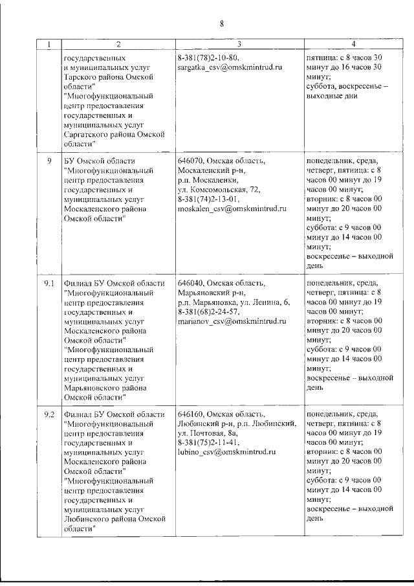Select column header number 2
[118, 45]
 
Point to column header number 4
[353, 45]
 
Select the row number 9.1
[49, 284]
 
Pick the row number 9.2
[49, 414]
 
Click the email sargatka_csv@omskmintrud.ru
[230, 67]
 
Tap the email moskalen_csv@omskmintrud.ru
[232, 210]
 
